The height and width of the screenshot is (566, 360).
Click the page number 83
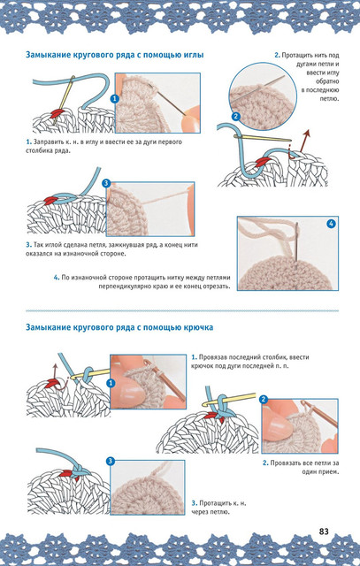324,532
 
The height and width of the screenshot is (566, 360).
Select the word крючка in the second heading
198,327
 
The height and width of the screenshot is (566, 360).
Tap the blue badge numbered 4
331,224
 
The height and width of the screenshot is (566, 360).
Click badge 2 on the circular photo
236,116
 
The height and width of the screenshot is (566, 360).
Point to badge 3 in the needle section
106,183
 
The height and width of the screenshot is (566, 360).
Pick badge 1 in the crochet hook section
111,383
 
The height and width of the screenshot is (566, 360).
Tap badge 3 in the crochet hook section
111,461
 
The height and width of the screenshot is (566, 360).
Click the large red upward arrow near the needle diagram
303,140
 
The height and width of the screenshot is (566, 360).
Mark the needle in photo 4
296,246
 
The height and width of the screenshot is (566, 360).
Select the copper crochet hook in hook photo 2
319,413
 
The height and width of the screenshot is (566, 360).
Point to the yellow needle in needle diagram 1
64,100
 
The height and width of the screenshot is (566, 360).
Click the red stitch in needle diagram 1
57,114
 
